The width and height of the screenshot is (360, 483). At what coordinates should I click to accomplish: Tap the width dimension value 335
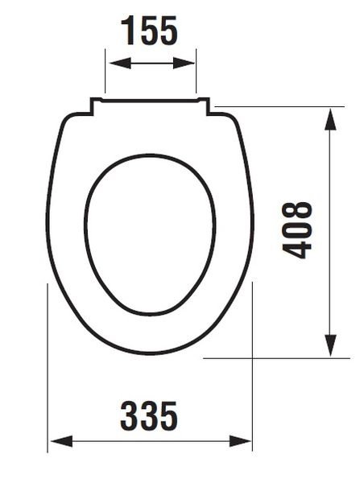coord(150,416)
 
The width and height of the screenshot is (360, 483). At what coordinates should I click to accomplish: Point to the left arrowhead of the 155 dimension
coord(112,62)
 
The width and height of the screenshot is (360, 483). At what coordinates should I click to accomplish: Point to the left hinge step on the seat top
coord(93,105)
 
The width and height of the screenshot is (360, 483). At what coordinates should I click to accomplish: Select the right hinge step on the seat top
coord(207,105)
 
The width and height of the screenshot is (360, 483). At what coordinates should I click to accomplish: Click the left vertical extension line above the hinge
coord(105,72)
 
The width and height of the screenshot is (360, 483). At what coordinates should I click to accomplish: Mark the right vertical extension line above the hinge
coord(197,72)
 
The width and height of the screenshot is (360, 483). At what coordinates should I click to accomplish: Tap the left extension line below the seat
coord(48,362)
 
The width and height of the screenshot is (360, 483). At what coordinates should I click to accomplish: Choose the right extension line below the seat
coord(254,362)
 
